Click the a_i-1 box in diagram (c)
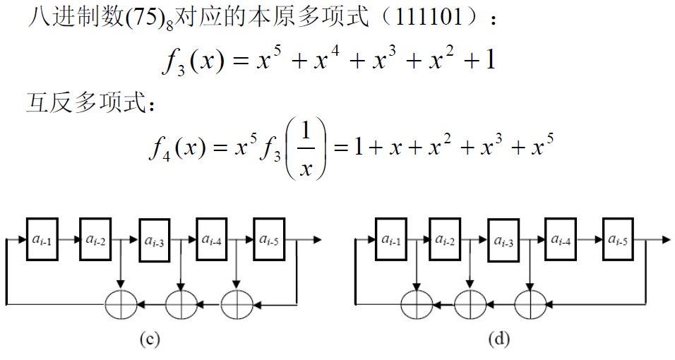(x=41, y=241)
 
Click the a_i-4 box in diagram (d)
(x=561, y=241)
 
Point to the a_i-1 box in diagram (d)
(x=390, y=241)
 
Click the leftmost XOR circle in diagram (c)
(x=121, y=304)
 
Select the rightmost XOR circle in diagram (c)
(x=237, y=304)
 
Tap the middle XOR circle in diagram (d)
(x=470, y=304)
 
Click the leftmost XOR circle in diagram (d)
(x=417, y=304)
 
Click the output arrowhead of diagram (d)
(x=667, y=241)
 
